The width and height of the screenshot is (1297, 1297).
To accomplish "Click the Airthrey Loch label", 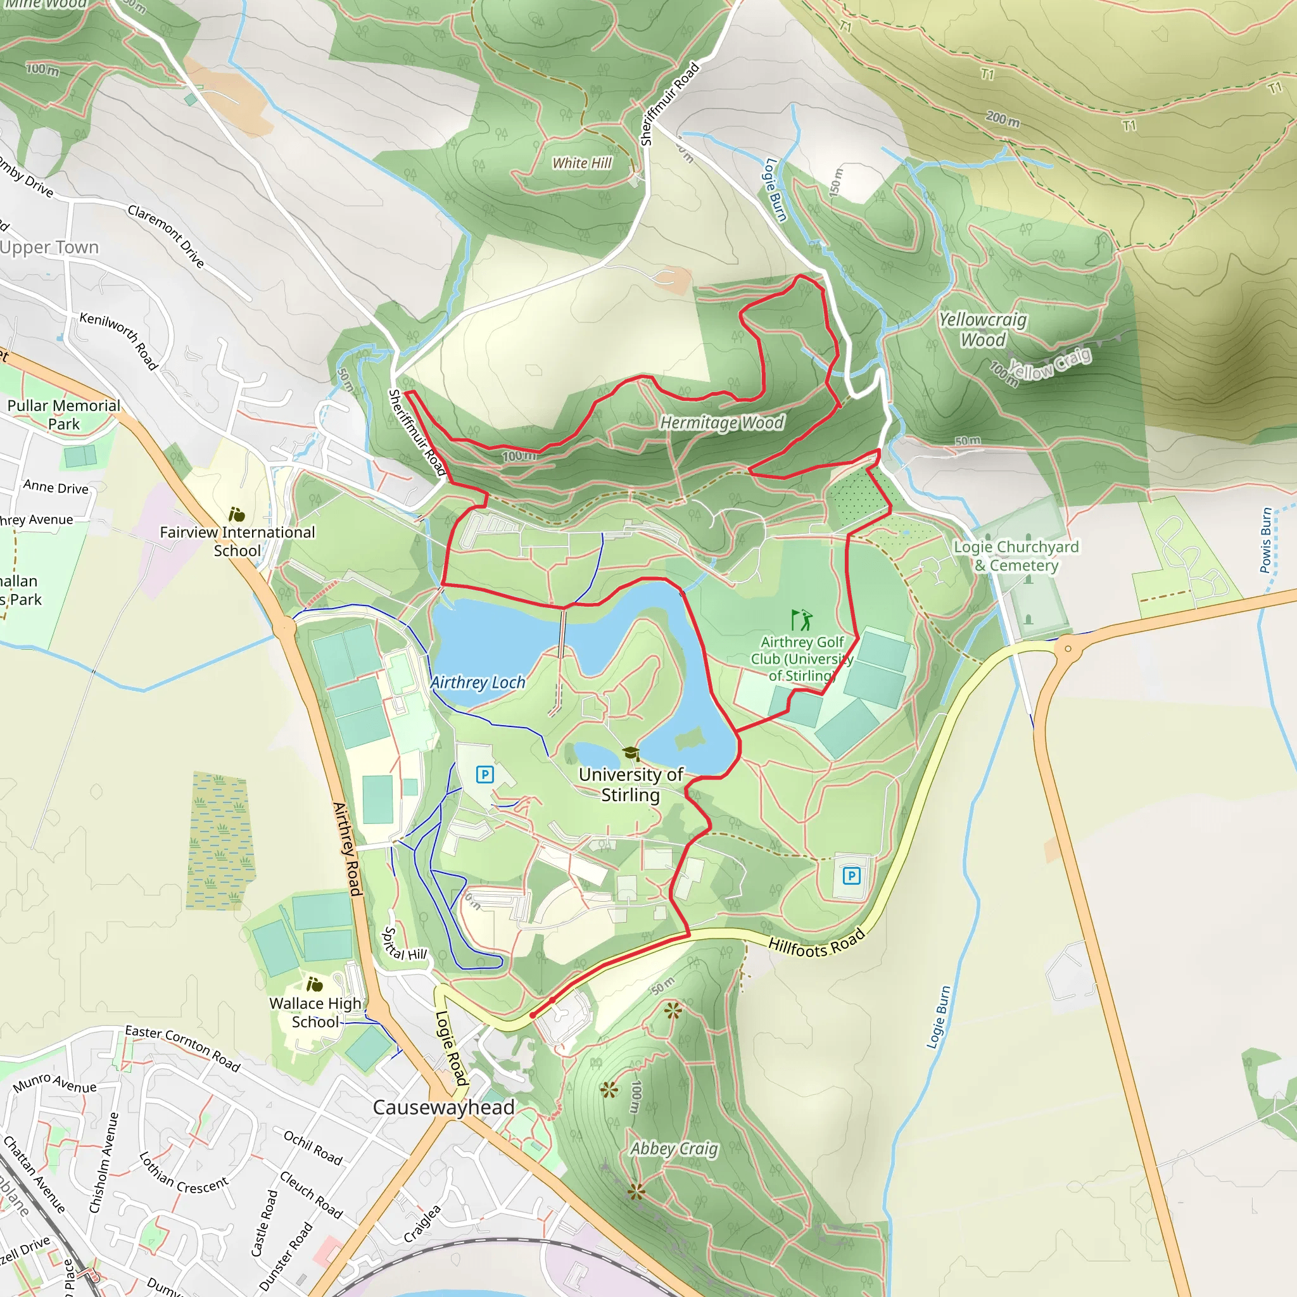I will coord(478,682).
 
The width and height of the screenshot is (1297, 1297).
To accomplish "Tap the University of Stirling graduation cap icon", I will coord(630,753).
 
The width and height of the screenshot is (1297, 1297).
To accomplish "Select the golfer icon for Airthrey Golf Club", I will coord(802,619).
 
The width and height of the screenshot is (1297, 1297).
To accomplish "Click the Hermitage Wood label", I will coord(722,422).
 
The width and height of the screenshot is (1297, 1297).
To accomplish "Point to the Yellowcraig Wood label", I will coord(983,329).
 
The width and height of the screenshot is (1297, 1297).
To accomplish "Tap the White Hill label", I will coord(581,163).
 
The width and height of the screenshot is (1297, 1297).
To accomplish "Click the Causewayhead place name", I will coord(444,1107).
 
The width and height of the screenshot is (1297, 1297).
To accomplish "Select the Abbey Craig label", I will coord(674,1149).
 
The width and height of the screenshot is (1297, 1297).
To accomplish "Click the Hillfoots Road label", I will coord(816,944).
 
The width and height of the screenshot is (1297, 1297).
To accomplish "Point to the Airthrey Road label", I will coord(348,849).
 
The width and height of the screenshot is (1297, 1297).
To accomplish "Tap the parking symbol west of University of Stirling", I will coord(484,775).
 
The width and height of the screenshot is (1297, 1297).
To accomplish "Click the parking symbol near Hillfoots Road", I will coord(851,875).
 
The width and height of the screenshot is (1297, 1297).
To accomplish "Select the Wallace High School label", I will coord(315,1013).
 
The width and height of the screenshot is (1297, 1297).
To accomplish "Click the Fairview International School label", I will coord(237,541).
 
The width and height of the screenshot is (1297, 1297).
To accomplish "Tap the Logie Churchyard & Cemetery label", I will coord(1016,556).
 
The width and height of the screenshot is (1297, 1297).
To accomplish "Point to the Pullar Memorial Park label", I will coord(64,414).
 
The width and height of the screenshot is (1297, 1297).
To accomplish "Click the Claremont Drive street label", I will coord(166,236).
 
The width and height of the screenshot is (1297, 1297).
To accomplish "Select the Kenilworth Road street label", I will coord(119,341).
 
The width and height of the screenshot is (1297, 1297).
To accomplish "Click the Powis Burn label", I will coord(1265,540).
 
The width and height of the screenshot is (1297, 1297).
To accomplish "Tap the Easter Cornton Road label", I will coord(182,1048).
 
